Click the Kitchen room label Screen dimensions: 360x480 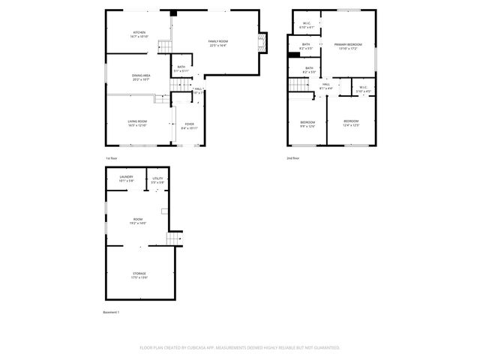(139, 34)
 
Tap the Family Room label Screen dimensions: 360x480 (217, 43)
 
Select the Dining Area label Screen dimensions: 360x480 (140, 76)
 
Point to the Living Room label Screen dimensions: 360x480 (136, 123)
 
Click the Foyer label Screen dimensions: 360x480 (189, 126)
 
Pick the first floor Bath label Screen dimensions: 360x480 (181, 69)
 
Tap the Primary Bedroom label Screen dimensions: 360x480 (348, 46)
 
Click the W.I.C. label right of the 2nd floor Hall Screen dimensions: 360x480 (363, 89)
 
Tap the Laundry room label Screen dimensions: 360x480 (126, 179)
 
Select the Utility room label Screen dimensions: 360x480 (157, 179)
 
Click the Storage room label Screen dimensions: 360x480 (139, 275)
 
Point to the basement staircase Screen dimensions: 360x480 (174, 238)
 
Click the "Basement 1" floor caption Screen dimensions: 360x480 (111, 312)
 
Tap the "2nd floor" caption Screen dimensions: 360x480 (292, 158)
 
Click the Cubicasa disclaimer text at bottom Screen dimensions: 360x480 (240, 347)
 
